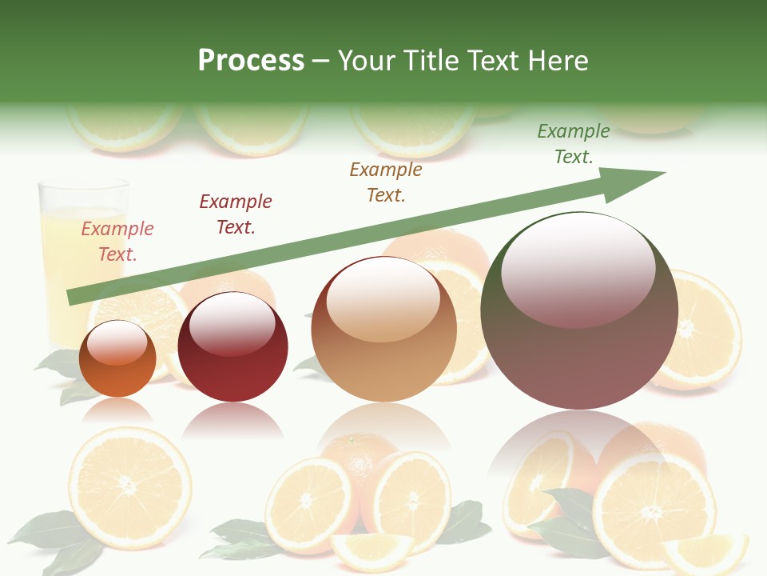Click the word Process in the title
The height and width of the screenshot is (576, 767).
pos(251,61)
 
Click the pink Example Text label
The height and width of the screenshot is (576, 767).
pos(117,242)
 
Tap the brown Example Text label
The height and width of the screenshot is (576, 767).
pos(386,182)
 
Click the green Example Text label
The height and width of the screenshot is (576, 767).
pos(574,144)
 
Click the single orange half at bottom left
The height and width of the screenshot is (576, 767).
pos(129,487)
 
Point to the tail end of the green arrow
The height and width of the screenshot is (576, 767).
pos(72,297)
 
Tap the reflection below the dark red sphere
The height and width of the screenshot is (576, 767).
pos(232,419)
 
